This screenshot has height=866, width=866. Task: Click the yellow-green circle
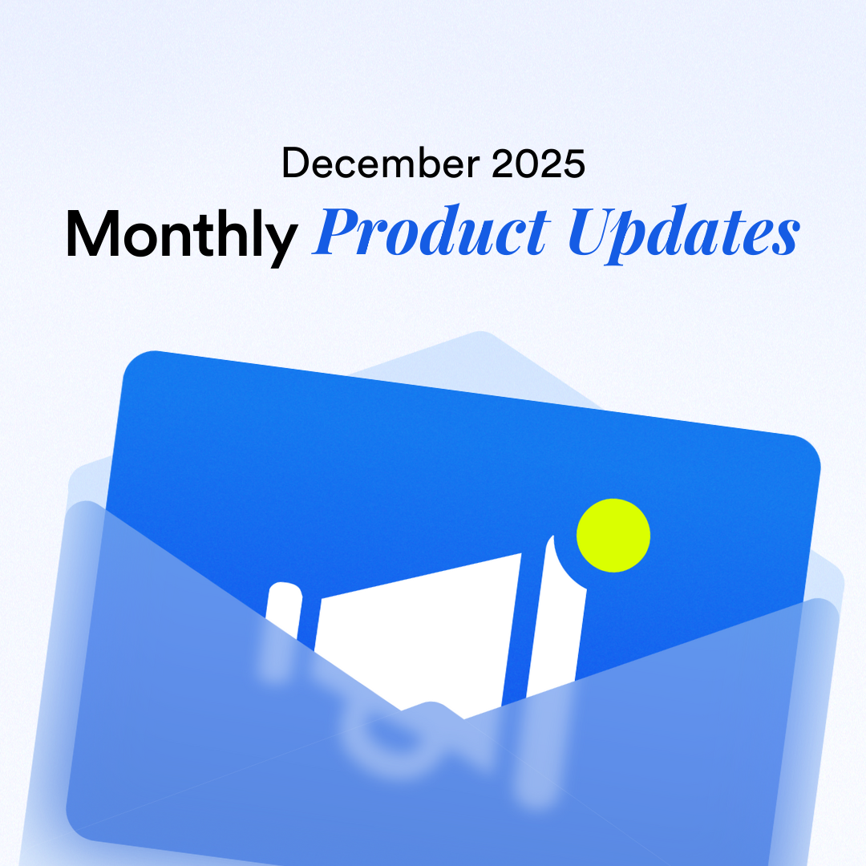tap(613, 536)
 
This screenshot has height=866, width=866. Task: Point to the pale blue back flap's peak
tap(481, 335)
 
